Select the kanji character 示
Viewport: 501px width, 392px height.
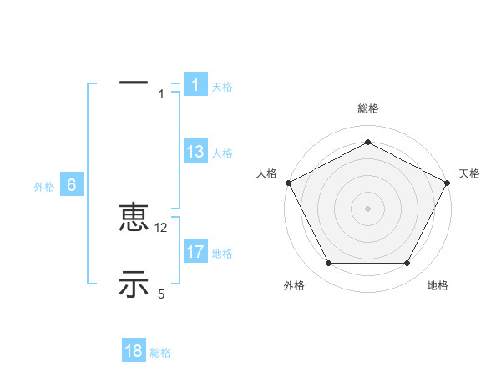click(134, 284)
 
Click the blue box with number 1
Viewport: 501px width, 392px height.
click(195, 85)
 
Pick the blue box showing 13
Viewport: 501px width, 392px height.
click(195, 152)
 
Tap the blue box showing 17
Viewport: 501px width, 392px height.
click(195, 252)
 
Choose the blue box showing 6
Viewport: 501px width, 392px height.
click(72, 186)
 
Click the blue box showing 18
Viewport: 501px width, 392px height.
click(134, 351)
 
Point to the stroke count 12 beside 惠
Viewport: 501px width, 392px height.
click(162, 227)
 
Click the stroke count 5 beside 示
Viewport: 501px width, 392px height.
click(162, 294)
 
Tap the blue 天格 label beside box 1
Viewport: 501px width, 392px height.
click(222, 87)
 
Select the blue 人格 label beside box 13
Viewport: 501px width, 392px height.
click(222, 153)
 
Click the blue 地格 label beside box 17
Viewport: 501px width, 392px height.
click(222, 254)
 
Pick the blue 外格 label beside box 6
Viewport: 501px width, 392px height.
click(44, 188)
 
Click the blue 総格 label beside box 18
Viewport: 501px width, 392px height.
click(160, 353)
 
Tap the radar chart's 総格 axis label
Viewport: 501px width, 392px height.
click(368, 108)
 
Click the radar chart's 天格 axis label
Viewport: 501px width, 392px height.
click(469, 173)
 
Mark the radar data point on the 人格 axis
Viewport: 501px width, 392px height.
click(288, 182)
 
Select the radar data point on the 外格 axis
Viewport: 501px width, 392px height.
click(328, 264)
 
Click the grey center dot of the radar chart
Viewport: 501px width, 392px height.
click(368, 208)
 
